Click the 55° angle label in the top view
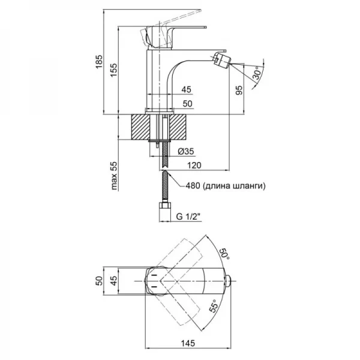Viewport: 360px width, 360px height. pyautogui.click(x=214, y=310)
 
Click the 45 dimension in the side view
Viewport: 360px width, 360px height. pyautogui.click(x=187, y=89)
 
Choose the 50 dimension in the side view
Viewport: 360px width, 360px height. pyautogui.click(x=187, y=104)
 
